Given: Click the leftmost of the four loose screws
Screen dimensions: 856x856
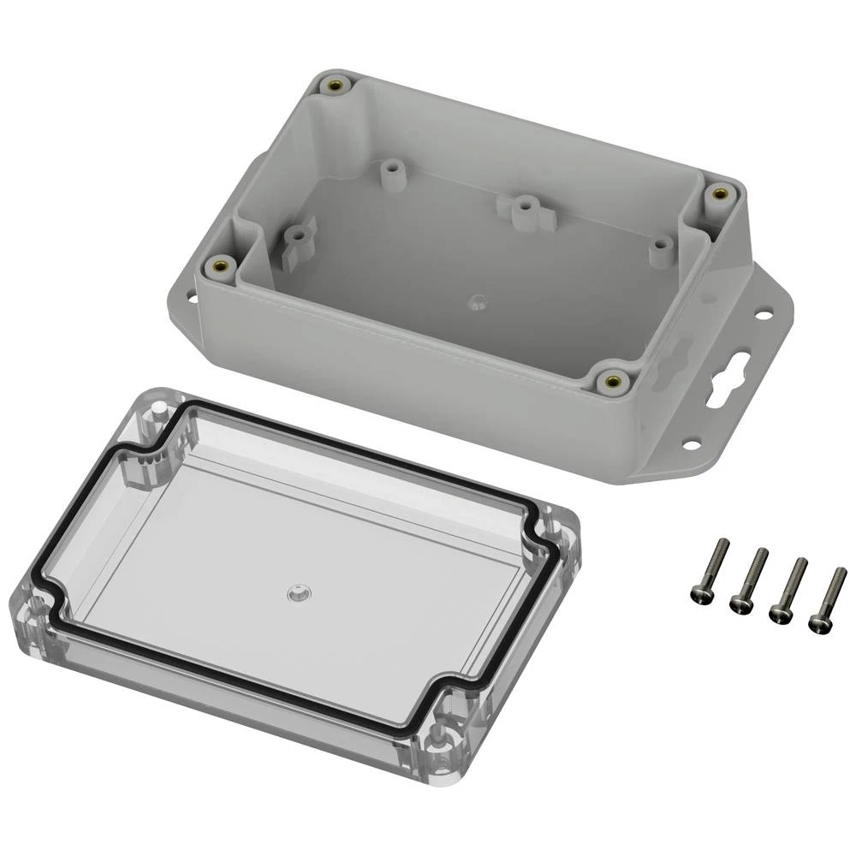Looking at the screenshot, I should coord(710,570).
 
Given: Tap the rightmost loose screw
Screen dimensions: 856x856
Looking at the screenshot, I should coord(828,599).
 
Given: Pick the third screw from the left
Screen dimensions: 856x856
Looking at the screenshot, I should coord(788,590).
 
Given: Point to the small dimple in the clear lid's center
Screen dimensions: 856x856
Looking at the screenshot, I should coord(296,591).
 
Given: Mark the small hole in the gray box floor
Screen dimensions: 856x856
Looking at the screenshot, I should coord(478,300).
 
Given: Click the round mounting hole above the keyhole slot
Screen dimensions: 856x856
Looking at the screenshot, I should coord(760,314).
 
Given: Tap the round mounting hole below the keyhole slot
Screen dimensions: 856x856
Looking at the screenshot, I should coord(690,443).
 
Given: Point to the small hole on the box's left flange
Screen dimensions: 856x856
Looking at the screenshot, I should coord(191,300).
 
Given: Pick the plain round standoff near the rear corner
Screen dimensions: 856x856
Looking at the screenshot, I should coord(393,168).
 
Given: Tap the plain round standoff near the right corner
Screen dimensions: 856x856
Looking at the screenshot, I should coord(659,247).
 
